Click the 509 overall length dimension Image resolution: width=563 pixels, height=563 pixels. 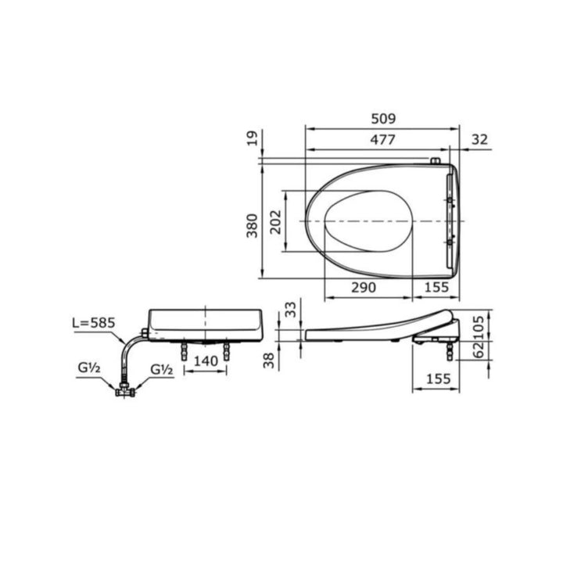[383, 119]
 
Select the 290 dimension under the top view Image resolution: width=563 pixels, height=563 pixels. [363, 287]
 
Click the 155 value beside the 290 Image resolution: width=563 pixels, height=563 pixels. [436, 287]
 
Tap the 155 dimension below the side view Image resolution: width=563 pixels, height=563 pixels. [436, 378]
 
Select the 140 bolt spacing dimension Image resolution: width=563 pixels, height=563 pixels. [205, 361]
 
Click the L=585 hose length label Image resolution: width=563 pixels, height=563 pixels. [95, 323]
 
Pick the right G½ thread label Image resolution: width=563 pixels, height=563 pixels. [161, 369]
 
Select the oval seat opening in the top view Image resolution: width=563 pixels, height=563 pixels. [368, 221]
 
